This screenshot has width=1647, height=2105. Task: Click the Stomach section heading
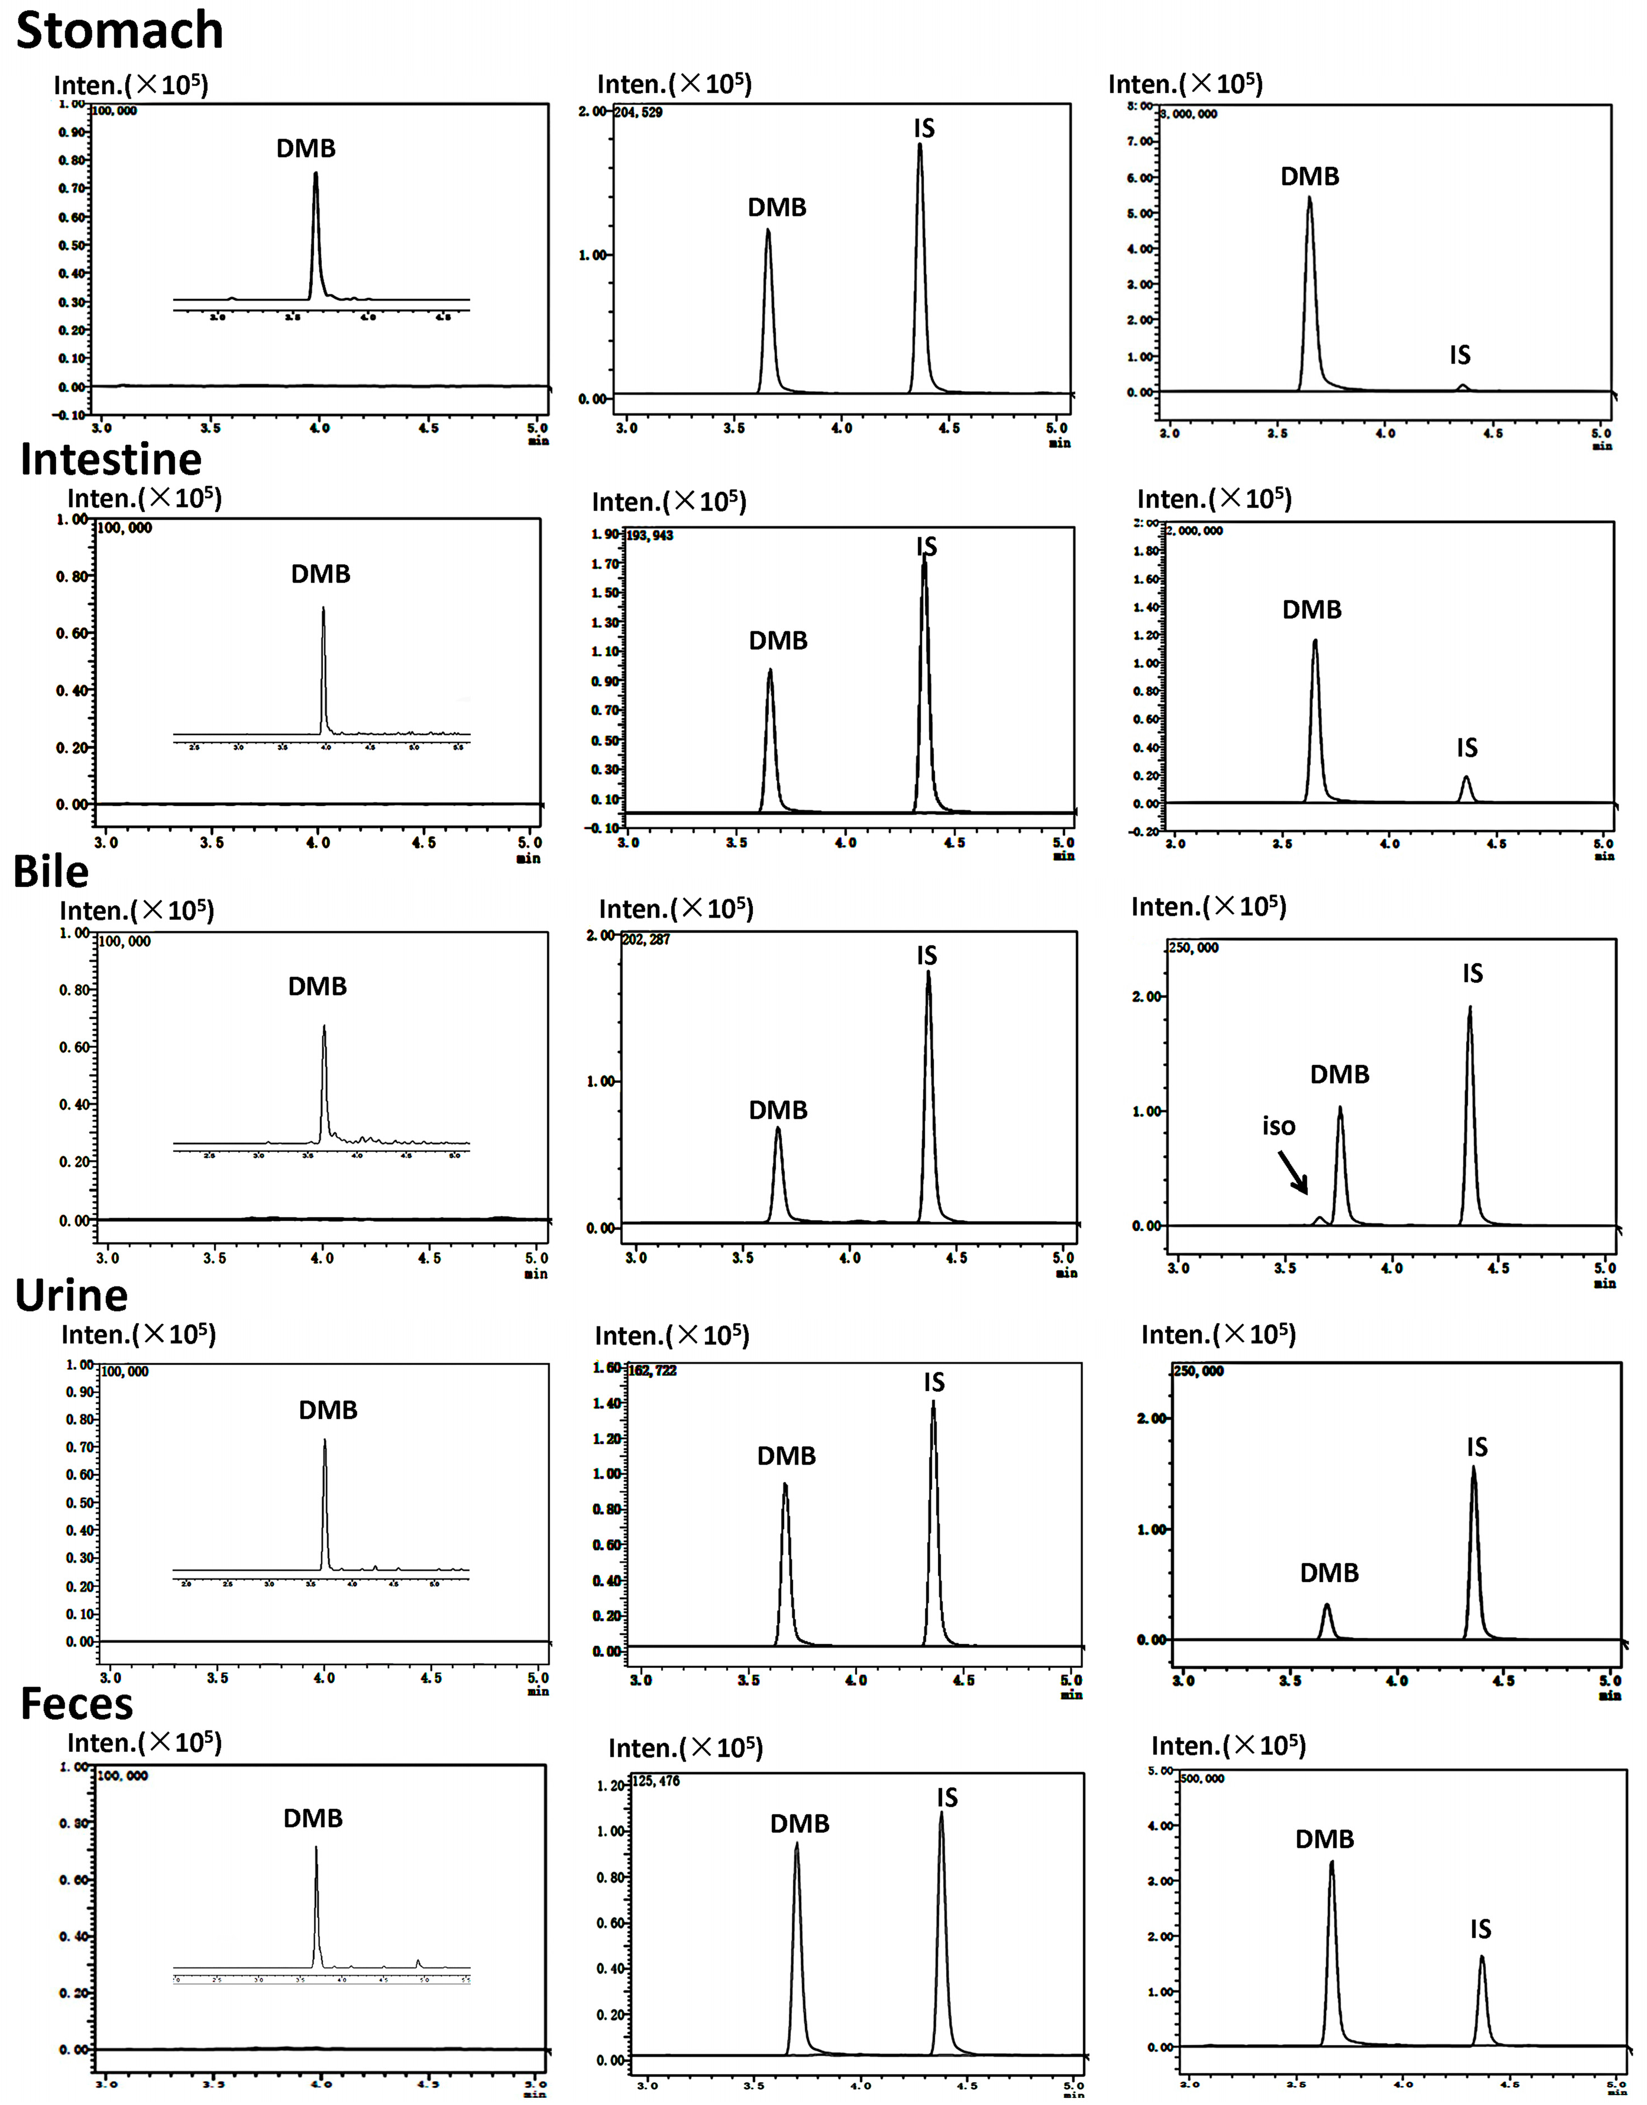120,31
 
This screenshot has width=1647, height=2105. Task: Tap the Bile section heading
51,872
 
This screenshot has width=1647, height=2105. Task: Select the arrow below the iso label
1294,1172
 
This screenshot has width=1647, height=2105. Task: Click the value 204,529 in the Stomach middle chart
638,113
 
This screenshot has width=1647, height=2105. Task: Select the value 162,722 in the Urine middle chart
652,1371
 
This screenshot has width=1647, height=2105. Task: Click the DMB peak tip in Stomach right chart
1309,199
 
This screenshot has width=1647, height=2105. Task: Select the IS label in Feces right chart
1480,1929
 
